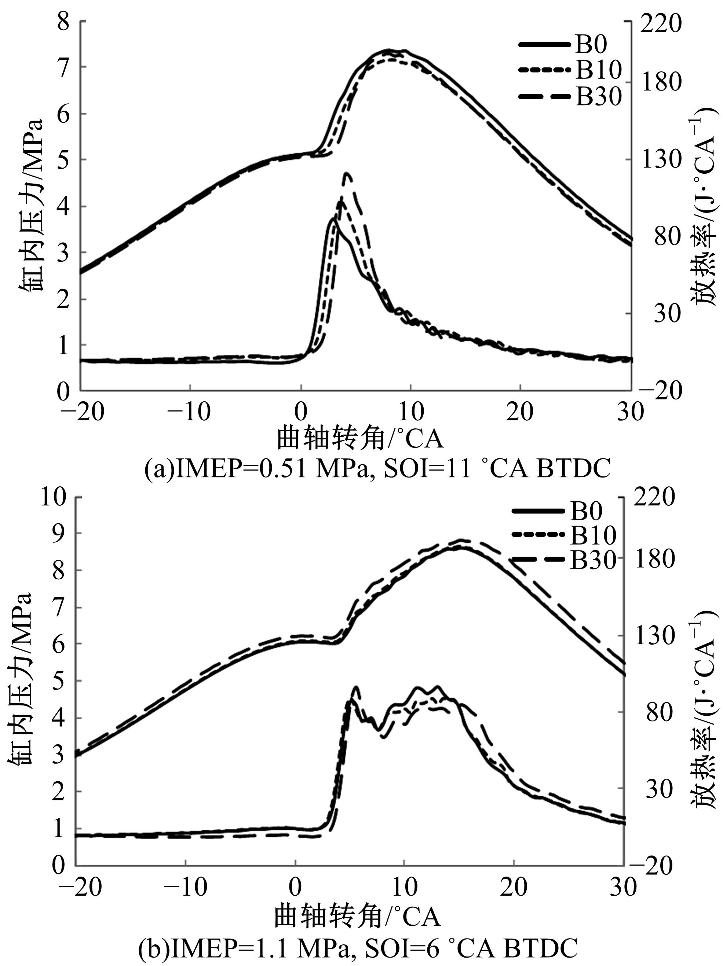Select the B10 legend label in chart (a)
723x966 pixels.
tap(598, 70)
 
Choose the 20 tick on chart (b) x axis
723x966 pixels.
tap(514, 887)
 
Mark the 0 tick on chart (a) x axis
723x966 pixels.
tap(301, 412)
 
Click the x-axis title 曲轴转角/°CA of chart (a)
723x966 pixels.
tap(360, 439)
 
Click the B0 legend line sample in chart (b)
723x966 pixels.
tap(537, 510)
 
